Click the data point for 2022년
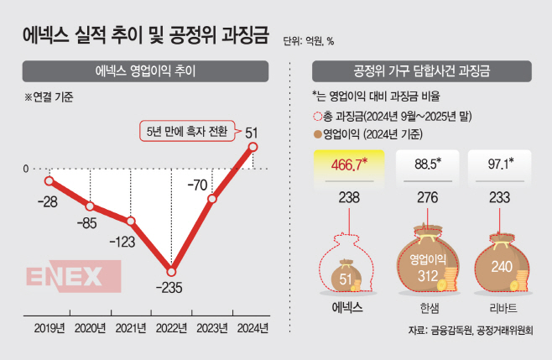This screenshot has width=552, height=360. point(172,271)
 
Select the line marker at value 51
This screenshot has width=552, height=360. point(253,147)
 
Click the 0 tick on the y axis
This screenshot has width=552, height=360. point(26,170)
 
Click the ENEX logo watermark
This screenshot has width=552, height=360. point(65,277)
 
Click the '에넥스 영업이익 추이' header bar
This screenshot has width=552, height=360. point(146,70)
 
